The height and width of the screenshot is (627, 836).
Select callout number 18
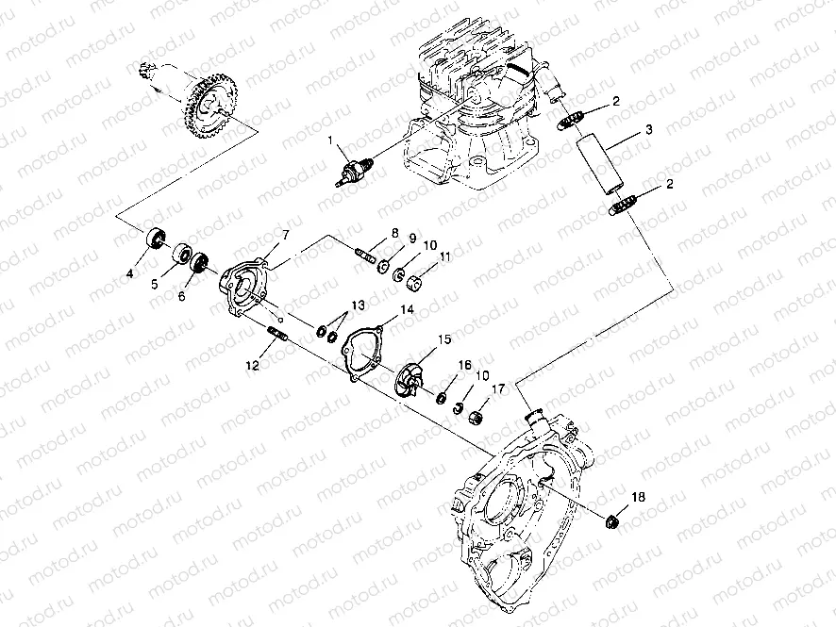638,497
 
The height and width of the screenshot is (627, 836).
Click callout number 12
252,365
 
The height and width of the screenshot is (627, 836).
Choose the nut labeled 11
415,281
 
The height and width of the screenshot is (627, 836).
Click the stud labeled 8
366,253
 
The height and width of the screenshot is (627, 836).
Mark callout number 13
359,305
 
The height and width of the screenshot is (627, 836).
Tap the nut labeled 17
477,417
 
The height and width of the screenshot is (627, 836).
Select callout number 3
648,129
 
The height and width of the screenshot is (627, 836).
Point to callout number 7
285,235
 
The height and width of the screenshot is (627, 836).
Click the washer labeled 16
442,398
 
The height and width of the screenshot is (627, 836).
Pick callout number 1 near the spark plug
330,140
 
